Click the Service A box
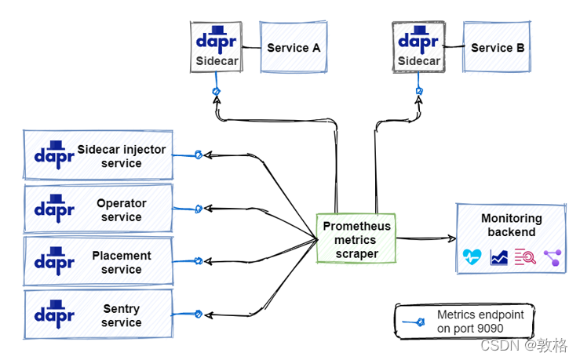[294, 48]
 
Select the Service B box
[498, 48]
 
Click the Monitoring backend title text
[511, 225]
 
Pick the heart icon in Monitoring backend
[471, 257]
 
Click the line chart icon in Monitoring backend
[498, 257]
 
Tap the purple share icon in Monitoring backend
[553, 257]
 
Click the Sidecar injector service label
[122, 157]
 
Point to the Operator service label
[122, 210]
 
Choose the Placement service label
[122, 263]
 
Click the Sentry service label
[122, 316]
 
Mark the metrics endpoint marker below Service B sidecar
[419, 92]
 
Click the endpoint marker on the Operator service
[198, 208]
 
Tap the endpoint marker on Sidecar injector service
[198, 155]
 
